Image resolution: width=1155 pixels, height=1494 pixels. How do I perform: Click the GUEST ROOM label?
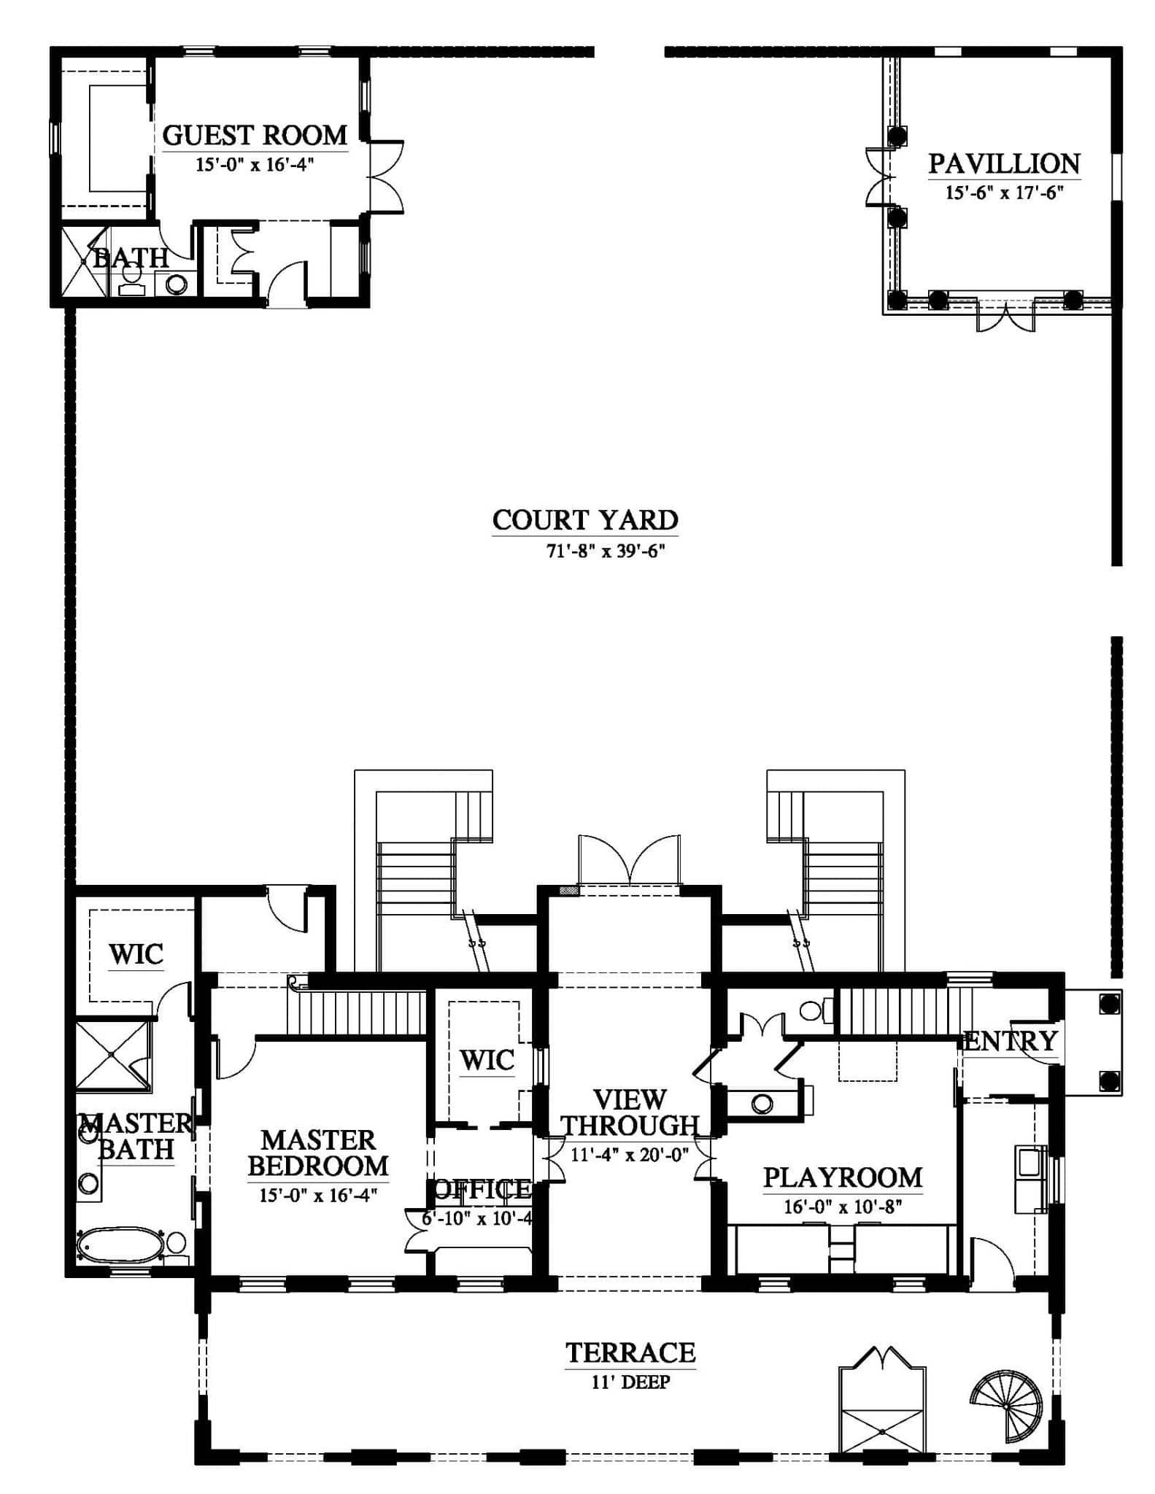[x=255, y=135]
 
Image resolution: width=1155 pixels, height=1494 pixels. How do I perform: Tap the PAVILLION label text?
[x=1004, y=163]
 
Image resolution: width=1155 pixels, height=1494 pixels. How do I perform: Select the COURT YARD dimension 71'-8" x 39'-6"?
[x=606, y=551]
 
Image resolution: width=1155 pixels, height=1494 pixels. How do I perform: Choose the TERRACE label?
[x=630, y=1352]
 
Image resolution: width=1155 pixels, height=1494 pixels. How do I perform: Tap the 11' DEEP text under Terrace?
[x=630, y=1382]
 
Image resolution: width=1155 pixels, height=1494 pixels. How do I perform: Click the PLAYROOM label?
[x=843, y=1177]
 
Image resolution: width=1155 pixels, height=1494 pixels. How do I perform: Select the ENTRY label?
[x=1011, y=1041]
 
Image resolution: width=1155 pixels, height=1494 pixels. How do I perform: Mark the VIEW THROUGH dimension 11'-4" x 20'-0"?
[x=630, y=1155]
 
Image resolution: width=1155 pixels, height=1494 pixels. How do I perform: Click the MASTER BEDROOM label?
[x=318, y=1153]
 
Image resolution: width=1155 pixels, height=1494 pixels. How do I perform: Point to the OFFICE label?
[x=482, y=1189]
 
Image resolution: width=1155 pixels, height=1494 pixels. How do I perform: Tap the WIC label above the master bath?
[x=136, y=953]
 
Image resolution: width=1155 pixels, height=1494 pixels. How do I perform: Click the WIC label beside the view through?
[x=487, y=1060]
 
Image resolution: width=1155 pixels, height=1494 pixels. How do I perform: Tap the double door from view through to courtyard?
[x=629, y=861]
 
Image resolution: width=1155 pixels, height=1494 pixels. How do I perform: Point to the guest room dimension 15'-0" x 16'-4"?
[x=255, y=164]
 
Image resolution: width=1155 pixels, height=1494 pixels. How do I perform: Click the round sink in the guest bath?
[x=176, y=284]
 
